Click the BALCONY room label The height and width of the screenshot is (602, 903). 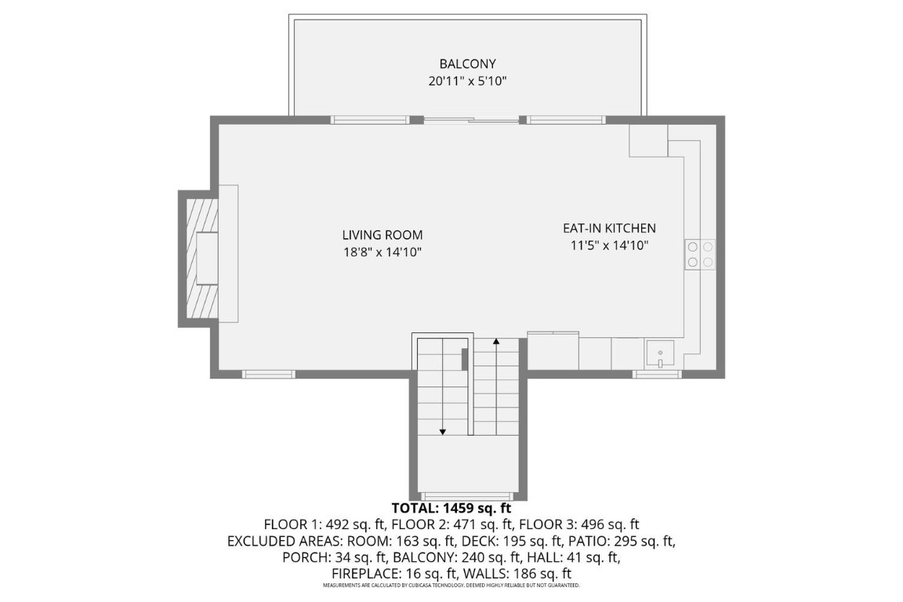[467, 63]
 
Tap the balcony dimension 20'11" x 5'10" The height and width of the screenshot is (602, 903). [467, 81]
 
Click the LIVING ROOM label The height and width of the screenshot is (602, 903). [382, 234]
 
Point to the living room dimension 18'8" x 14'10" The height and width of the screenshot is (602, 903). [382, 252]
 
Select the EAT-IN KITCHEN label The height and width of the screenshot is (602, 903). [609, 228]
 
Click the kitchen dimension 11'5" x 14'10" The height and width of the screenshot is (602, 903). [609, 245]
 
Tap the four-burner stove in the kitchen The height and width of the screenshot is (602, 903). [700, 254]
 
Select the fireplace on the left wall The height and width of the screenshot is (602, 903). [201, 258]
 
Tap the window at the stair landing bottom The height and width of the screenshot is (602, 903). [468, 495]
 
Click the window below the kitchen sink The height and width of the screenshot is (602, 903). [657, 374]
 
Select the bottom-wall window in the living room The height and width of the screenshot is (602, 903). [268, 374]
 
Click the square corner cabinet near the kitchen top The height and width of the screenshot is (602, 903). [648, 141]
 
